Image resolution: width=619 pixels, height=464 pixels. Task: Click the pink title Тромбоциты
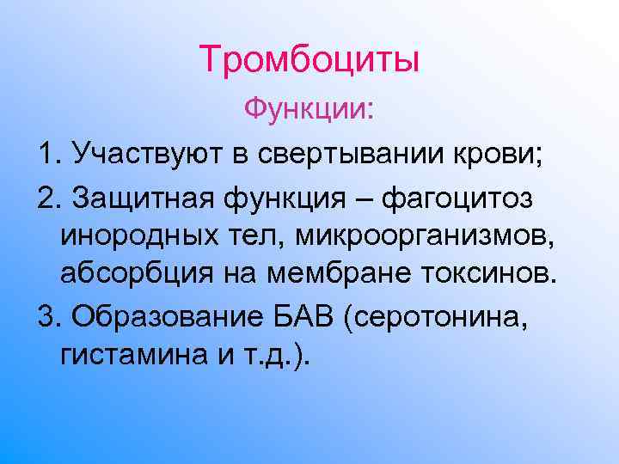[309, 59]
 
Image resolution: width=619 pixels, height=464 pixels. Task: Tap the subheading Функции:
[309, 109]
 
